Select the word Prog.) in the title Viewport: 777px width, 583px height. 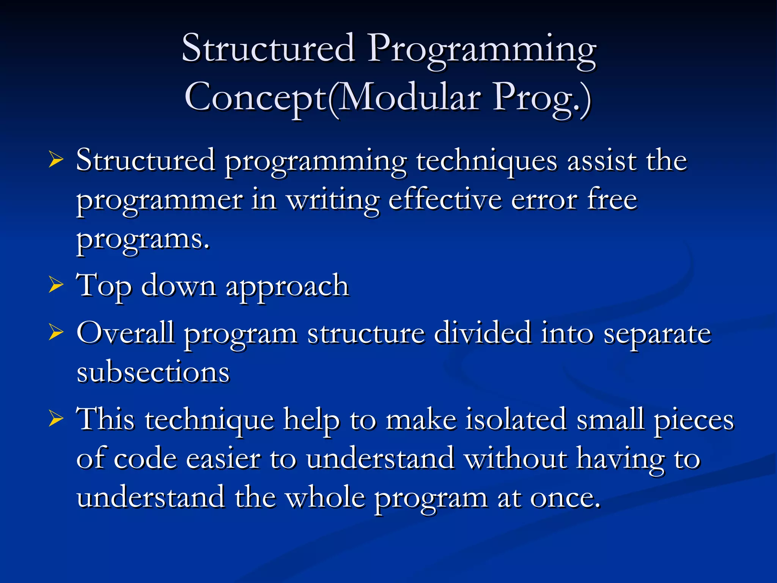(542, 98)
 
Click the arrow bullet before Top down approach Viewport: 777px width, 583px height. (56, 285)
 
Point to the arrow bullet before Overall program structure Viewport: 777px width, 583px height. (56, 333)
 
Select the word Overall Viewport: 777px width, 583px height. (125, 333)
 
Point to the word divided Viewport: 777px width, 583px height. (482, 333)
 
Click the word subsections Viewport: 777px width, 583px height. (153, 372)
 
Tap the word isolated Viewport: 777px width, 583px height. (516, 420)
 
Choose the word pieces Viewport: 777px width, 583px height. (694, 421)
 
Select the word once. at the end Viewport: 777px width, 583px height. (565, 498)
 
